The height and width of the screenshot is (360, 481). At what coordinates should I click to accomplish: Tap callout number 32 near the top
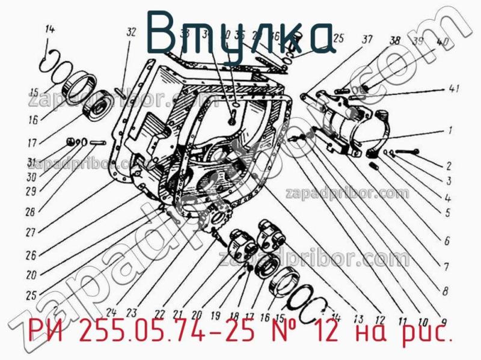[x=132, y=34]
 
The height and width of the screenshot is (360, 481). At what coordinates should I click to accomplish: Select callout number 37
[x=366, y=40]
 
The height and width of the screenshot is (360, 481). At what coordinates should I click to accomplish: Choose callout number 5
[x=447, y=212]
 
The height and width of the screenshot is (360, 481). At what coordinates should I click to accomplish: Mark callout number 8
[x=444, y=291]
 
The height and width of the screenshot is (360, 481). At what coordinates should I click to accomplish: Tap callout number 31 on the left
[x=31, y=161]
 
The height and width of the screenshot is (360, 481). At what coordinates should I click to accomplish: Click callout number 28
[x=30, y=211]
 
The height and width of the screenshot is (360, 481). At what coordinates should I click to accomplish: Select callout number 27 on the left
[x=29, y=231]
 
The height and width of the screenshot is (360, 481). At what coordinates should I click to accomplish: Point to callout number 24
[x=110, y=311]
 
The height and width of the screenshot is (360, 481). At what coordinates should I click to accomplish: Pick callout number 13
[x=359, y=318]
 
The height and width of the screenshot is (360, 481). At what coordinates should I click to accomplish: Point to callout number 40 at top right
[x=443, y=43]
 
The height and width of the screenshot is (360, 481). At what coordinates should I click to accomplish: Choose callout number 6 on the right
[x=447, y=242]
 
